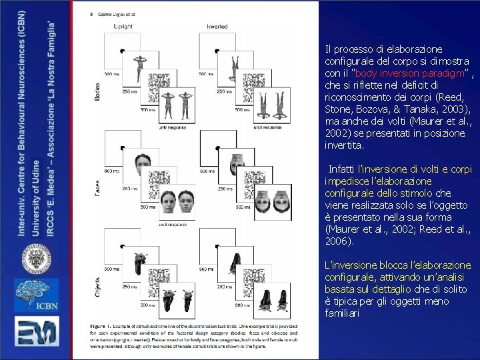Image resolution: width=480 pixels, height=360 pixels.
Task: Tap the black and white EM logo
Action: pyautogui.click(x=36, y=337)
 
